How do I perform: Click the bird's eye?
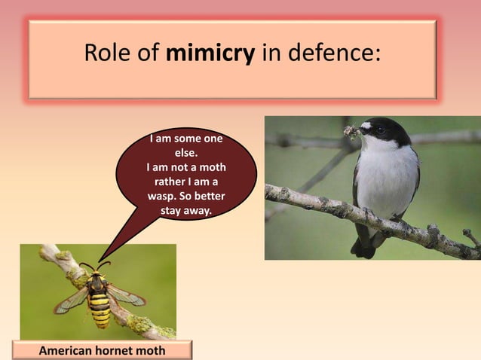click(x=381, y=129)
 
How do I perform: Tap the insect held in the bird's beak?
click(x=352, y=133)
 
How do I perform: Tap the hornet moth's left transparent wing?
click(x=72, y=301)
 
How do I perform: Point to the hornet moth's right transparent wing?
click(x=126, y=295)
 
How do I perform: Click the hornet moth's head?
click(x=97, y=276)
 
